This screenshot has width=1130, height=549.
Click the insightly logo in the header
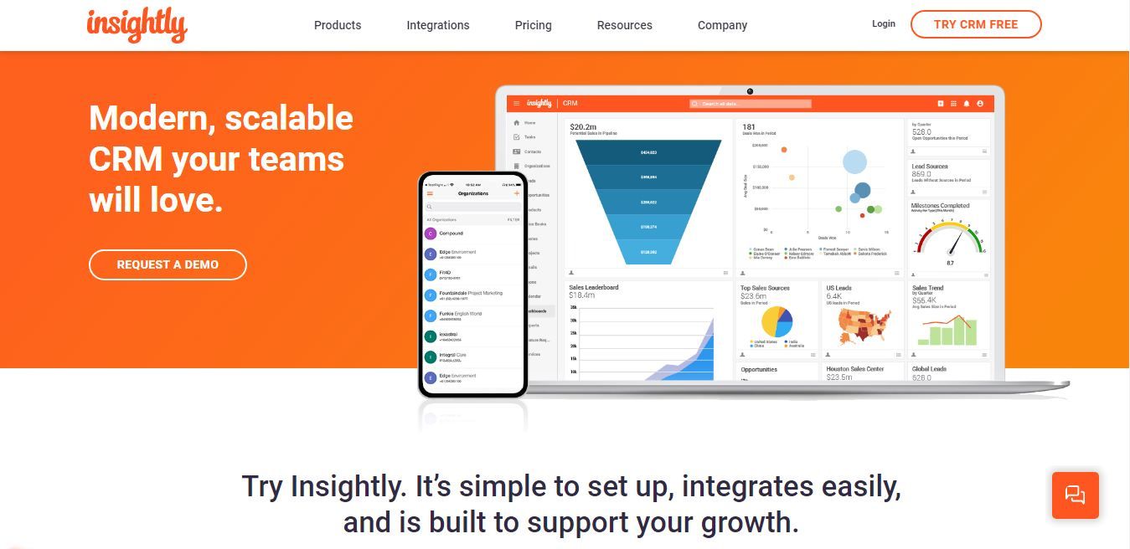137,24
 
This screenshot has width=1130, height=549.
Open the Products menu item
338,25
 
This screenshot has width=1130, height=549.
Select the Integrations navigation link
438,25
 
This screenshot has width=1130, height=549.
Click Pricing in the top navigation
533,25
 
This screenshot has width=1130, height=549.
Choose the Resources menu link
624,25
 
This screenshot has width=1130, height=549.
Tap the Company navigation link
722,25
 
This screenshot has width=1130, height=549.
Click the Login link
884,23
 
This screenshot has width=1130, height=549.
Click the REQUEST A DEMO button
168,264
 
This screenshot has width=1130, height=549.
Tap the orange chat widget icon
1075,495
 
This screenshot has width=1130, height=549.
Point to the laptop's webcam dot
750,91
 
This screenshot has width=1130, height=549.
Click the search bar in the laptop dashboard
751,104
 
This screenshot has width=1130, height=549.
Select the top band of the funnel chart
648,152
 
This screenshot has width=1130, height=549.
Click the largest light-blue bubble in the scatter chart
854,162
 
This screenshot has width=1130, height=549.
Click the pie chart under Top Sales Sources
777,321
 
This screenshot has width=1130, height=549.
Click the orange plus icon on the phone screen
517,193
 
